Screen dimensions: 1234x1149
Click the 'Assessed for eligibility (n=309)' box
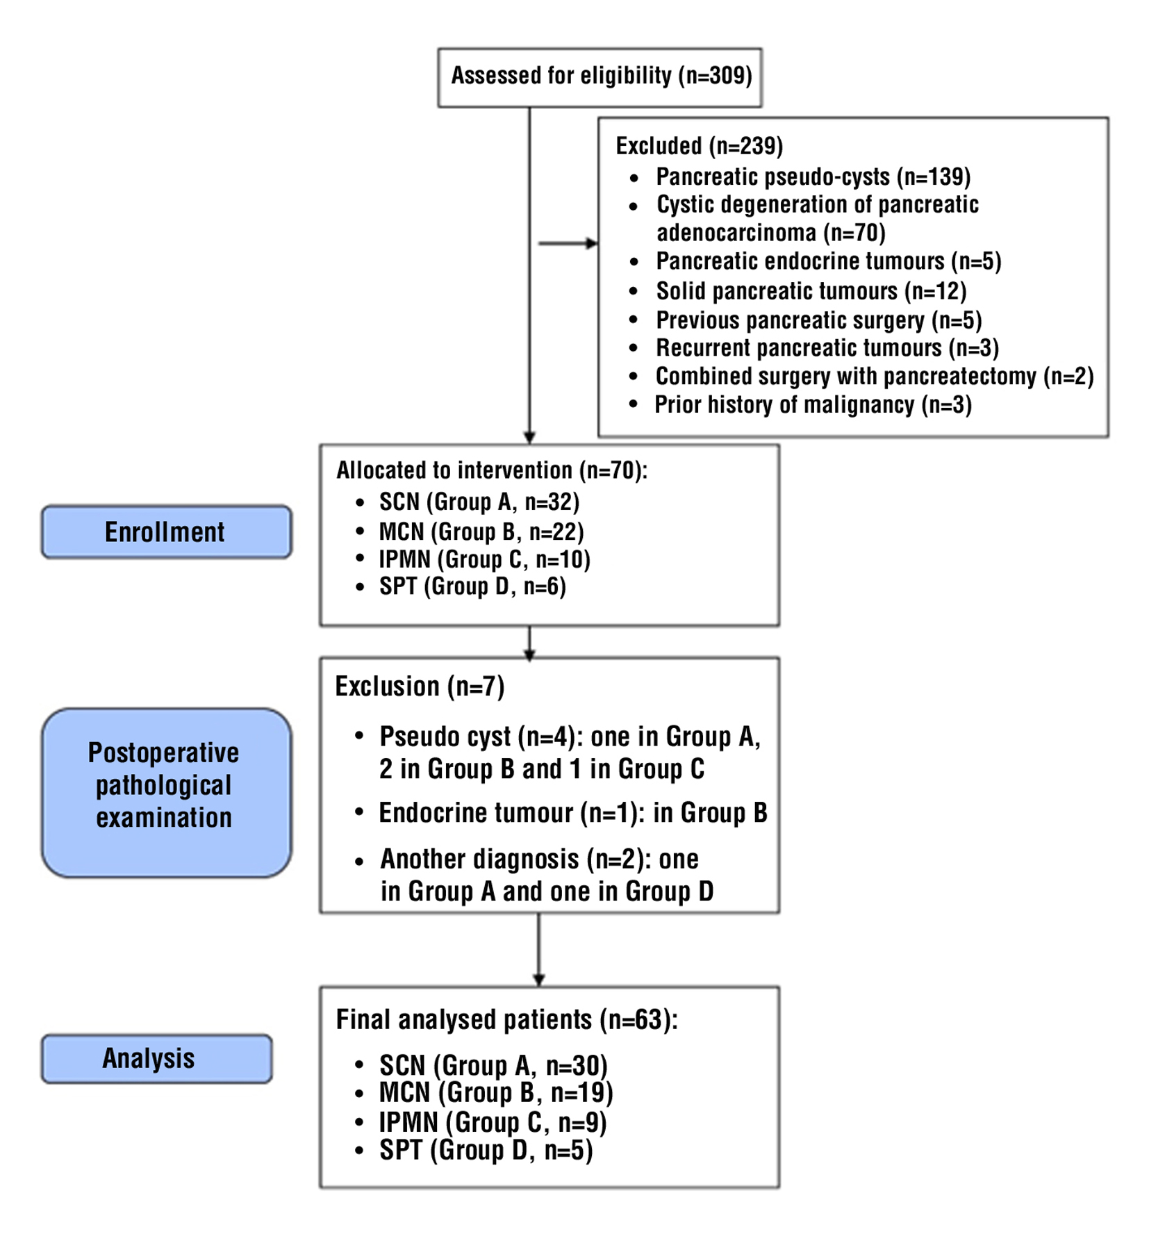[x=600, y=77]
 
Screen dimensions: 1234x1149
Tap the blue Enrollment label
[x=165, y=532]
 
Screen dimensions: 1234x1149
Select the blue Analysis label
[x=156, y=1058]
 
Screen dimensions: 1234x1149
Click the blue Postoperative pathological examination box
[x=165, y=792]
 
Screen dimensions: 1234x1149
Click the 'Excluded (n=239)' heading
[x=699, y=146]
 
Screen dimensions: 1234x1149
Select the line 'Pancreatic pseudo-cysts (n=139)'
[x=813, y=177]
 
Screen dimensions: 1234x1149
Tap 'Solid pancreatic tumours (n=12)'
[x=811, y=291]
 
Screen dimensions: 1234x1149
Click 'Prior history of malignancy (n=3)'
[x=813, y=405]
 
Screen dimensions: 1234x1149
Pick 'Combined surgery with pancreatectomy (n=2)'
[x=874, y=377]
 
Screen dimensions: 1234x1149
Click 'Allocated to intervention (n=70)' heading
[x=491, y=470]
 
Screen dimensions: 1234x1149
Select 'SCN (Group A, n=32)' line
[x=479, y=502]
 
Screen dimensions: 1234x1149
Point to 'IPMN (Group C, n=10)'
[x=484, y=559]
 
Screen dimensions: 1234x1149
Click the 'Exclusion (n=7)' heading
[x=420, y=686]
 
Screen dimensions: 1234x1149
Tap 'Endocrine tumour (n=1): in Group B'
[x=572, y=813]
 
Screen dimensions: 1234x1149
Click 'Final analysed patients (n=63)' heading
[x=506, y=1020]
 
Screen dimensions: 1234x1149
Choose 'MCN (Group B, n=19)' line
[x=495, y=1093]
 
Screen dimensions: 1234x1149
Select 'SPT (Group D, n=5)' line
[x=486, y=1151]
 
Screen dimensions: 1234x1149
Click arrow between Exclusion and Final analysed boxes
[x=538, y=949]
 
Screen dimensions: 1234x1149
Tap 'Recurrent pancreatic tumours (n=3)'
[x=827, y=348]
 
